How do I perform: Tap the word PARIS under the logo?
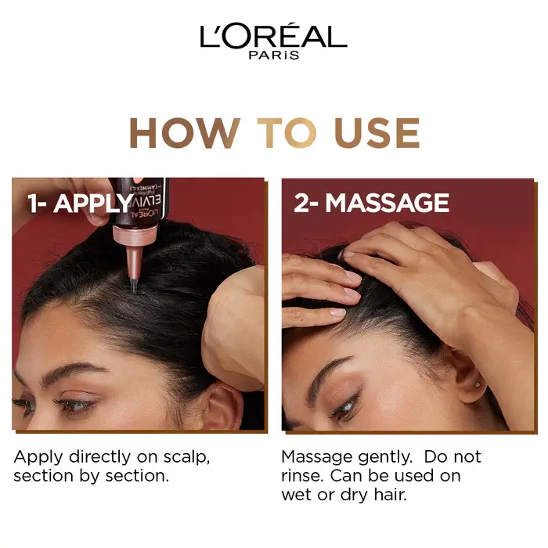click(273, 56)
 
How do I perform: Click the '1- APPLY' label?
click(79, 204)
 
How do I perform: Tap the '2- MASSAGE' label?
click(371, 203)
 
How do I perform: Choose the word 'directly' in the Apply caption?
click(88, 456)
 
